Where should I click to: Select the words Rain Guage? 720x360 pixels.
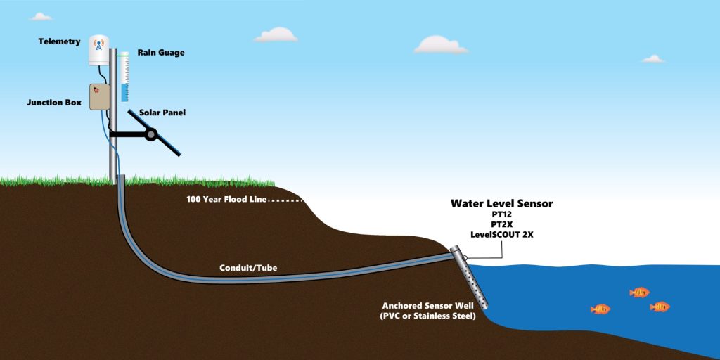tap(160, 53)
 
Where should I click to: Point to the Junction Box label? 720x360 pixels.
tap(54, 102)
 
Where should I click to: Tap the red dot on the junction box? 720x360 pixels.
tap(96, 90)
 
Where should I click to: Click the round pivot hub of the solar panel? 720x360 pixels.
tap(150, 134)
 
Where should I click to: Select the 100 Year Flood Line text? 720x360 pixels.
tap(226, 199)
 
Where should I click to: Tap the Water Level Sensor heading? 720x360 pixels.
tap(501, 204)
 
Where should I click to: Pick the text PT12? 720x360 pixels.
tap(502, 215)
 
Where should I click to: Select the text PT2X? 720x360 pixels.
tap(502, 225)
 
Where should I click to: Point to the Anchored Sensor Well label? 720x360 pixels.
tap(428, 306)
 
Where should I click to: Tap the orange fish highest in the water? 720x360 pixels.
tap(639, 292)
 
